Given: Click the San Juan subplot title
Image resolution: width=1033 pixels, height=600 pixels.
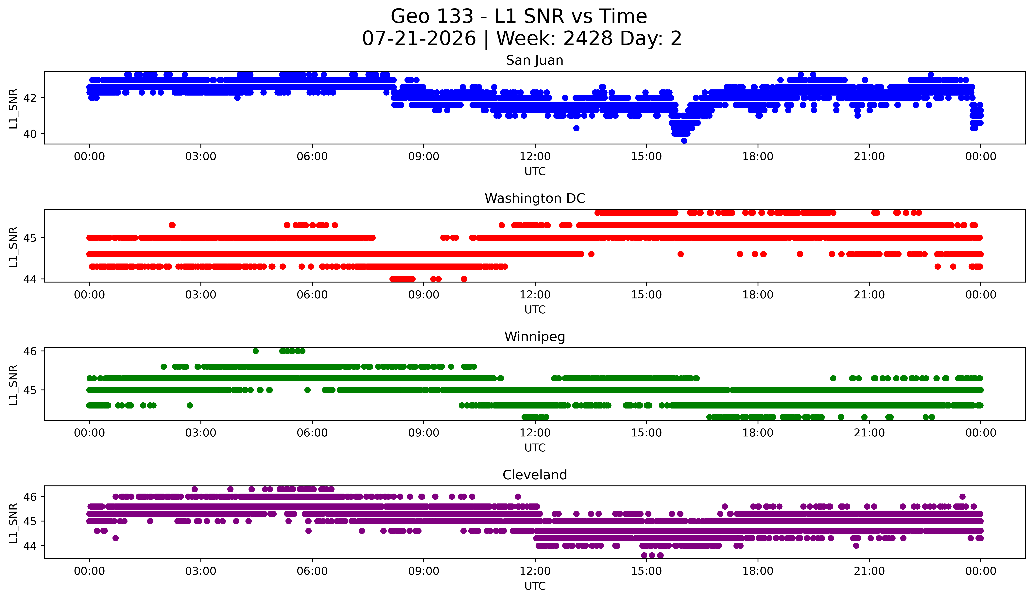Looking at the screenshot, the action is coord(535,60).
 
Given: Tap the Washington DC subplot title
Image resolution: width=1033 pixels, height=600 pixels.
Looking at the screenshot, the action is coord(535,198).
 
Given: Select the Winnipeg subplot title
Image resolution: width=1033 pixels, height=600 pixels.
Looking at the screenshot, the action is coord(535,337).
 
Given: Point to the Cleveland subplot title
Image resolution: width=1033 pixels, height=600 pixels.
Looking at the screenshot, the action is coord(535,475).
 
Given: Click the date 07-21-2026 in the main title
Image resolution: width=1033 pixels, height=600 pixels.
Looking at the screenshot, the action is coord(419,39).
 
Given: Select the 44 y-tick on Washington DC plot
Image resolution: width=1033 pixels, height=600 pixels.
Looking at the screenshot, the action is coord(30,279).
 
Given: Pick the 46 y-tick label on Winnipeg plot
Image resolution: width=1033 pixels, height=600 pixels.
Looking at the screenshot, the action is coord(30,351).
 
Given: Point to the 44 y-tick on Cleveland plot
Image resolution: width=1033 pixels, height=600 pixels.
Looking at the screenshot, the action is coord(30,546).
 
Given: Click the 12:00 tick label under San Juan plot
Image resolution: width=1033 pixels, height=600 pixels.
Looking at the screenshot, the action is coord(535,157).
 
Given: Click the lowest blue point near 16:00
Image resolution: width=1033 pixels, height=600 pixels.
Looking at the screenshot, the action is coord(684,141).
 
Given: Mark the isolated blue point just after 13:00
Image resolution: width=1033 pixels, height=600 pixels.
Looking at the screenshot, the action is coord(576,128).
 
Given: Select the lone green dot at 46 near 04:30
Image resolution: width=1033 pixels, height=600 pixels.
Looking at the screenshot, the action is coord(256,351).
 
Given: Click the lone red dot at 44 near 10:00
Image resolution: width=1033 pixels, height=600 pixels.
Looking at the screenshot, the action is coord(464,279).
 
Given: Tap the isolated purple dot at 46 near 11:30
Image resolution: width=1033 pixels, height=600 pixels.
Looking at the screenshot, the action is coord(518,497).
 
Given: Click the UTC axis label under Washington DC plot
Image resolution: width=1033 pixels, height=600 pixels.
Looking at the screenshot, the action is coord(535,310).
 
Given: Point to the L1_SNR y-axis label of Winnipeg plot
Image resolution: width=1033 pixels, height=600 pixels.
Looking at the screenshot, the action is coord(13,385).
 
